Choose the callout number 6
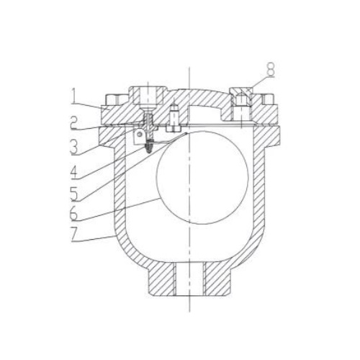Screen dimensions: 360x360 pyautogui.click(x=74, y=212)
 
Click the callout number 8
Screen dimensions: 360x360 pyautogui.click(x=270, y=70)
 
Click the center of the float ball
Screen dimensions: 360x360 pyautogui.click(x=202, y=178)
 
